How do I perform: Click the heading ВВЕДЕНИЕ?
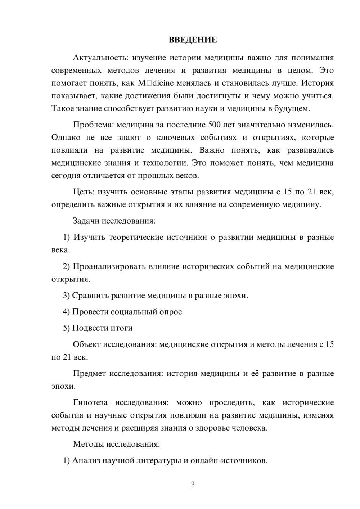point(193,40)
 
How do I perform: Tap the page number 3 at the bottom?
point(193,485)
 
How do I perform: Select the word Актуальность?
point(100,58)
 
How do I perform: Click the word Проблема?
point(93,125)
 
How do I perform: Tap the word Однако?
point(66,138)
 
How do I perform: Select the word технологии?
point(165,163)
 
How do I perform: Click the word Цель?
point(84,192)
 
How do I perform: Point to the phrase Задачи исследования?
point(114,221)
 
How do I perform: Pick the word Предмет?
point(89,373)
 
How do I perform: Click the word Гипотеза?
point(90,402)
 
